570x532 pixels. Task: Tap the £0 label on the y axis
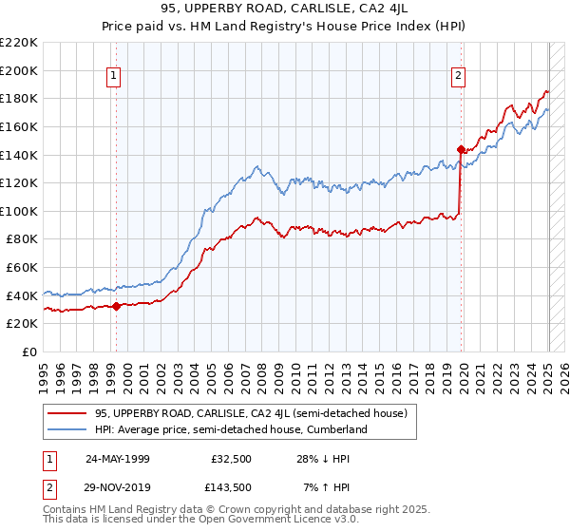30,352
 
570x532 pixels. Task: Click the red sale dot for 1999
116,306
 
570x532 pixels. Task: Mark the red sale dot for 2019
461,149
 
